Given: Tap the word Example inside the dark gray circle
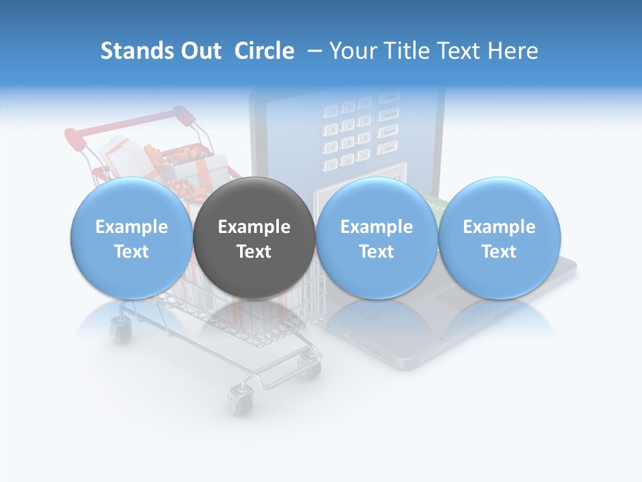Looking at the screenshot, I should [x=254, y=227].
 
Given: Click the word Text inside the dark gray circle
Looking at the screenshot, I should [x=254, y=252].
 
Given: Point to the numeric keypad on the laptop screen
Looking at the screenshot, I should [x=348, y=134].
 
